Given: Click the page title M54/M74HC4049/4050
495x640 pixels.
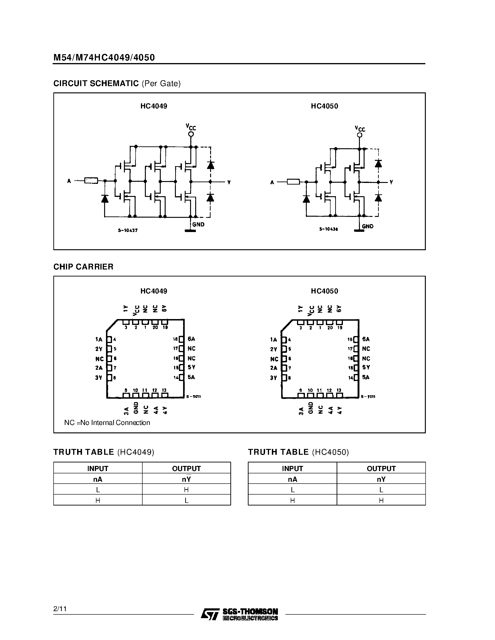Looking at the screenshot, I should point(104,57).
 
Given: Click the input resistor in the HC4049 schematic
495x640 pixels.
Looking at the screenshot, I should point(91,181).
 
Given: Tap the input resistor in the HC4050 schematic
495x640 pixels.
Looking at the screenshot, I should point(293,182).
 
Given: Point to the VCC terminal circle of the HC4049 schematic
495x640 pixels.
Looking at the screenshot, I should point(191,134).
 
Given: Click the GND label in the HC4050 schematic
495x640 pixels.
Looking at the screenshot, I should point(367,226).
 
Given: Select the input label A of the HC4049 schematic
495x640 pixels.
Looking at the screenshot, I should point(69,181).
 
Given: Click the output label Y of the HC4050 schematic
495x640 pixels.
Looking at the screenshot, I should point(391,182).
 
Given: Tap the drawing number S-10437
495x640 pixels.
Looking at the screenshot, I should point(128,230).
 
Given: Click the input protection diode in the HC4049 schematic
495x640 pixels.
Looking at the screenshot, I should point(105,199).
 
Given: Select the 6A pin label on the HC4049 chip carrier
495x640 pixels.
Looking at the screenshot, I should point(191,339).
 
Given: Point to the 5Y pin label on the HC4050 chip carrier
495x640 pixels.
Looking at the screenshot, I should point(366,367).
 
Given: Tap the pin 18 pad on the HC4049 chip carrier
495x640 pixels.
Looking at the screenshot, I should point(181,339).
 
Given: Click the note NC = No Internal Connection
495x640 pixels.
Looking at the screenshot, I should point(107,423).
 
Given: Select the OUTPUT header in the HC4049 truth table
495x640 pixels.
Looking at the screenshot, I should point(186,468).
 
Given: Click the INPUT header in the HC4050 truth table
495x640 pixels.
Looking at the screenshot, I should point(292,468).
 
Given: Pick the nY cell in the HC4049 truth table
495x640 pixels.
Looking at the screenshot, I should point(186,479).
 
